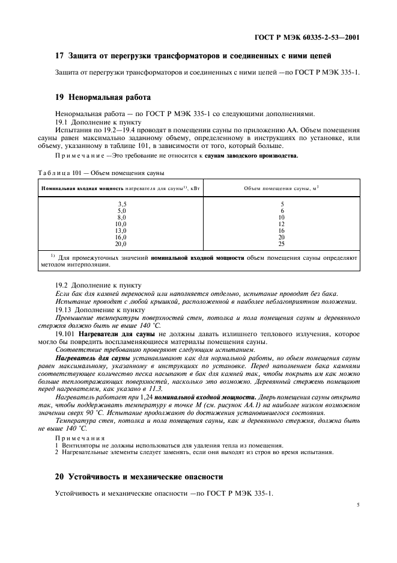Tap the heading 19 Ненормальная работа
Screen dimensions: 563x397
(x=103, y=96)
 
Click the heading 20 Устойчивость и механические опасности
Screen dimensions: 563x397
(x=139, y=476)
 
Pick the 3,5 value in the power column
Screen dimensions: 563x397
(x=122, y=205)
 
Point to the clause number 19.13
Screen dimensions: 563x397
(x=65, y=309)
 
